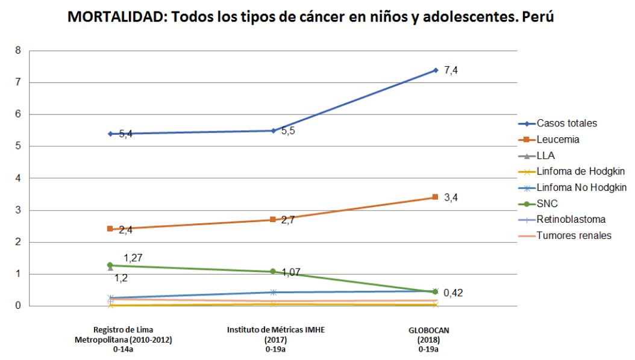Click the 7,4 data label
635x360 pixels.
[451, 70]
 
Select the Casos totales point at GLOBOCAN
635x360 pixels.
[435, 70]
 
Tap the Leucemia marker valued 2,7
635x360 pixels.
[273, 220]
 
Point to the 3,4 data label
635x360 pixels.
[451, 197]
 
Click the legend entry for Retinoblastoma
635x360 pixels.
[571, 219]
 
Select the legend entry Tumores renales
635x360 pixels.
[574, 235]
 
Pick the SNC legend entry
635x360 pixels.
[546, 203]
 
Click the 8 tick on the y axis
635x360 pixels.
[18, 51]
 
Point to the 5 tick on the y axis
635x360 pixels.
[18, 146]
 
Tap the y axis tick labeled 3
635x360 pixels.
[18, 210]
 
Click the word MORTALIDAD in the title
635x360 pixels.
[114, 17]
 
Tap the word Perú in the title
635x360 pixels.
[538, 17]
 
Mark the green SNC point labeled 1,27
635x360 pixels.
[110, 265]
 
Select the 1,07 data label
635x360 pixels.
[292, 272]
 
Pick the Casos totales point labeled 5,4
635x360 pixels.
[110, 134]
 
